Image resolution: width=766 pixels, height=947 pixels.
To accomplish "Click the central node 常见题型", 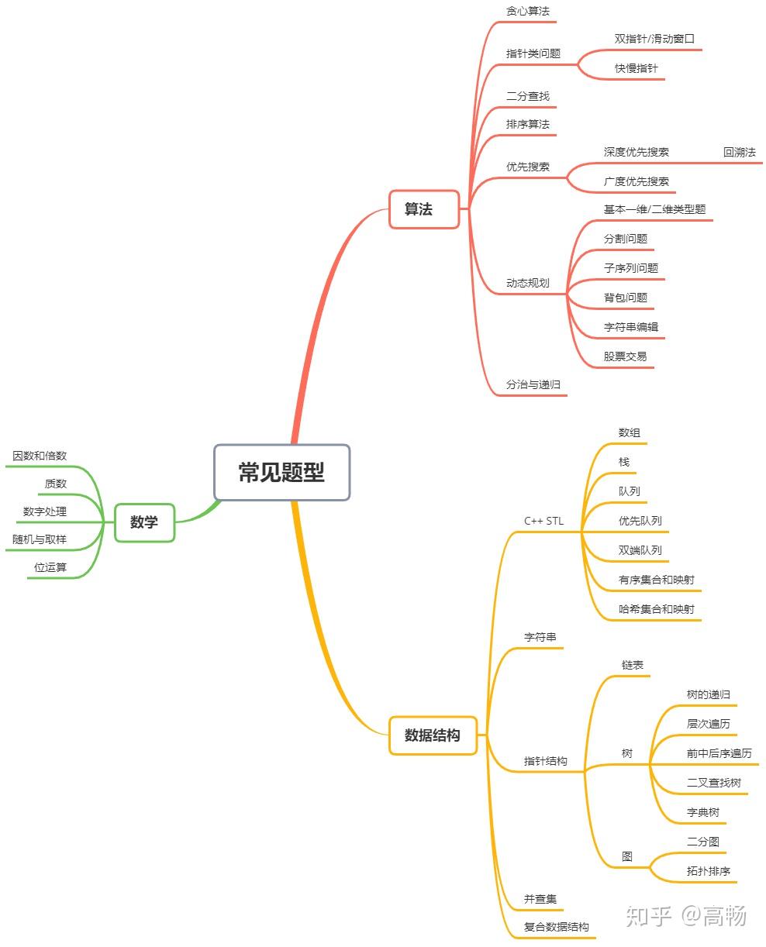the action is (x=281, y=472).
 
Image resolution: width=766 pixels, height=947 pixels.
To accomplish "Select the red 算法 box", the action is (x=423, y=209).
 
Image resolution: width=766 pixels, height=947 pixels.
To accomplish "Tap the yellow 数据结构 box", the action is (x=433, y=735).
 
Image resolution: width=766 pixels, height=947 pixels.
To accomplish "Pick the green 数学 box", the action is (x=144, y=522).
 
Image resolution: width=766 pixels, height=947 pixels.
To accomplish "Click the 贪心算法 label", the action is (x=527, y=11).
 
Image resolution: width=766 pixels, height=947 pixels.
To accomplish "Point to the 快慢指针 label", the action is (x=636, y=68).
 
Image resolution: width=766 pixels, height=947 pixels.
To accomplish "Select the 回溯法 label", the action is (x=739, y=152).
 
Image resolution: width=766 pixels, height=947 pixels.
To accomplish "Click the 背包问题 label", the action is (x=625, y=298).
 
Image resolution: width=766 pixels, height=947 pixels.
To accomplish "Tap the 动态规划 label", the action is (x=527, y=283).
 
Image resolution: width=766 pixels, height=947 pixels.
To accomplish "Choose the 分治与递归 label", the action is (x=533, y=384).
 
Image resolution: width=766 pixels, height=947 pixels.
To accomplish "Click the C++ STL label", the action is (x=543, y=521).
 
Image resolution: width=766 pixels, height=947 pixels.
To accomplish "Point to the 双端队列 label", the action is (x=640, y=550).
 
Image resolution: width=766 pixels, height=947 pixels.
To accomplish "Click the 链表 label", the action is (x=632, y=665).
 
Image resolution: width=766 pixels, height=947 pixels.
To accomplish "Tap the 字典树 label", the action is (x=703, y=812).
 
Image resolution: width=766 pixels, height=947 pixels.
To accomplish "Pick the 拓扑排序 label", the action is (x=708, y=870).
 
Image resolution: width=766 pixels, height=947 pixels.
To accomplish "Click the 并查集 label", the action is (x=540, y=898).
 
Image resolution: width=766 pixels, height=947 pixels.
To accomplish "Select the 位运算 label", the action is (x=50, y=566).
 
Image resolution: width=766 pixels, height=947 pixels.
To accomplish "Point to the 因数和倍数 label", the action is (x=39, y=455).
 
